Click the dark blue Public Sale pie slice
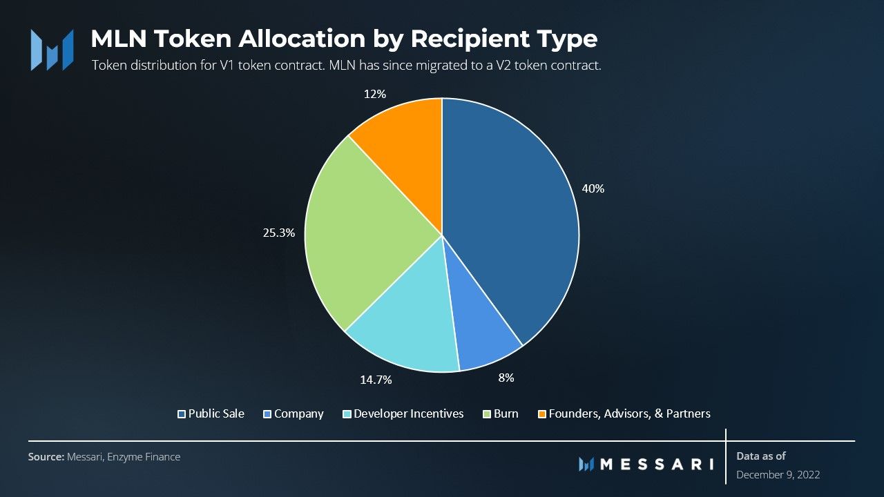[x=511, y=221]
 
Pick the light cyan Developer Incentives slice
[x=407, y=324]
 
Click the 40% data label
[x=593, y=188]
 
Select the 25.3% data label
[x=280, y=233]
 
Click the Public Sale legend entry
[x=211, y=413]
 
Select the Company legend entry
[x=294, y=413]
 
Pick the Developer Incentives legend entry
[x=403, y=413]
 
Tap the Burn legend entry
[x=500, y=413]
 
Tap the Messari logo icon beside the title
[x=52, y=50]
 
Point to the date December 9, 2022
[x=778, y=475]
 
